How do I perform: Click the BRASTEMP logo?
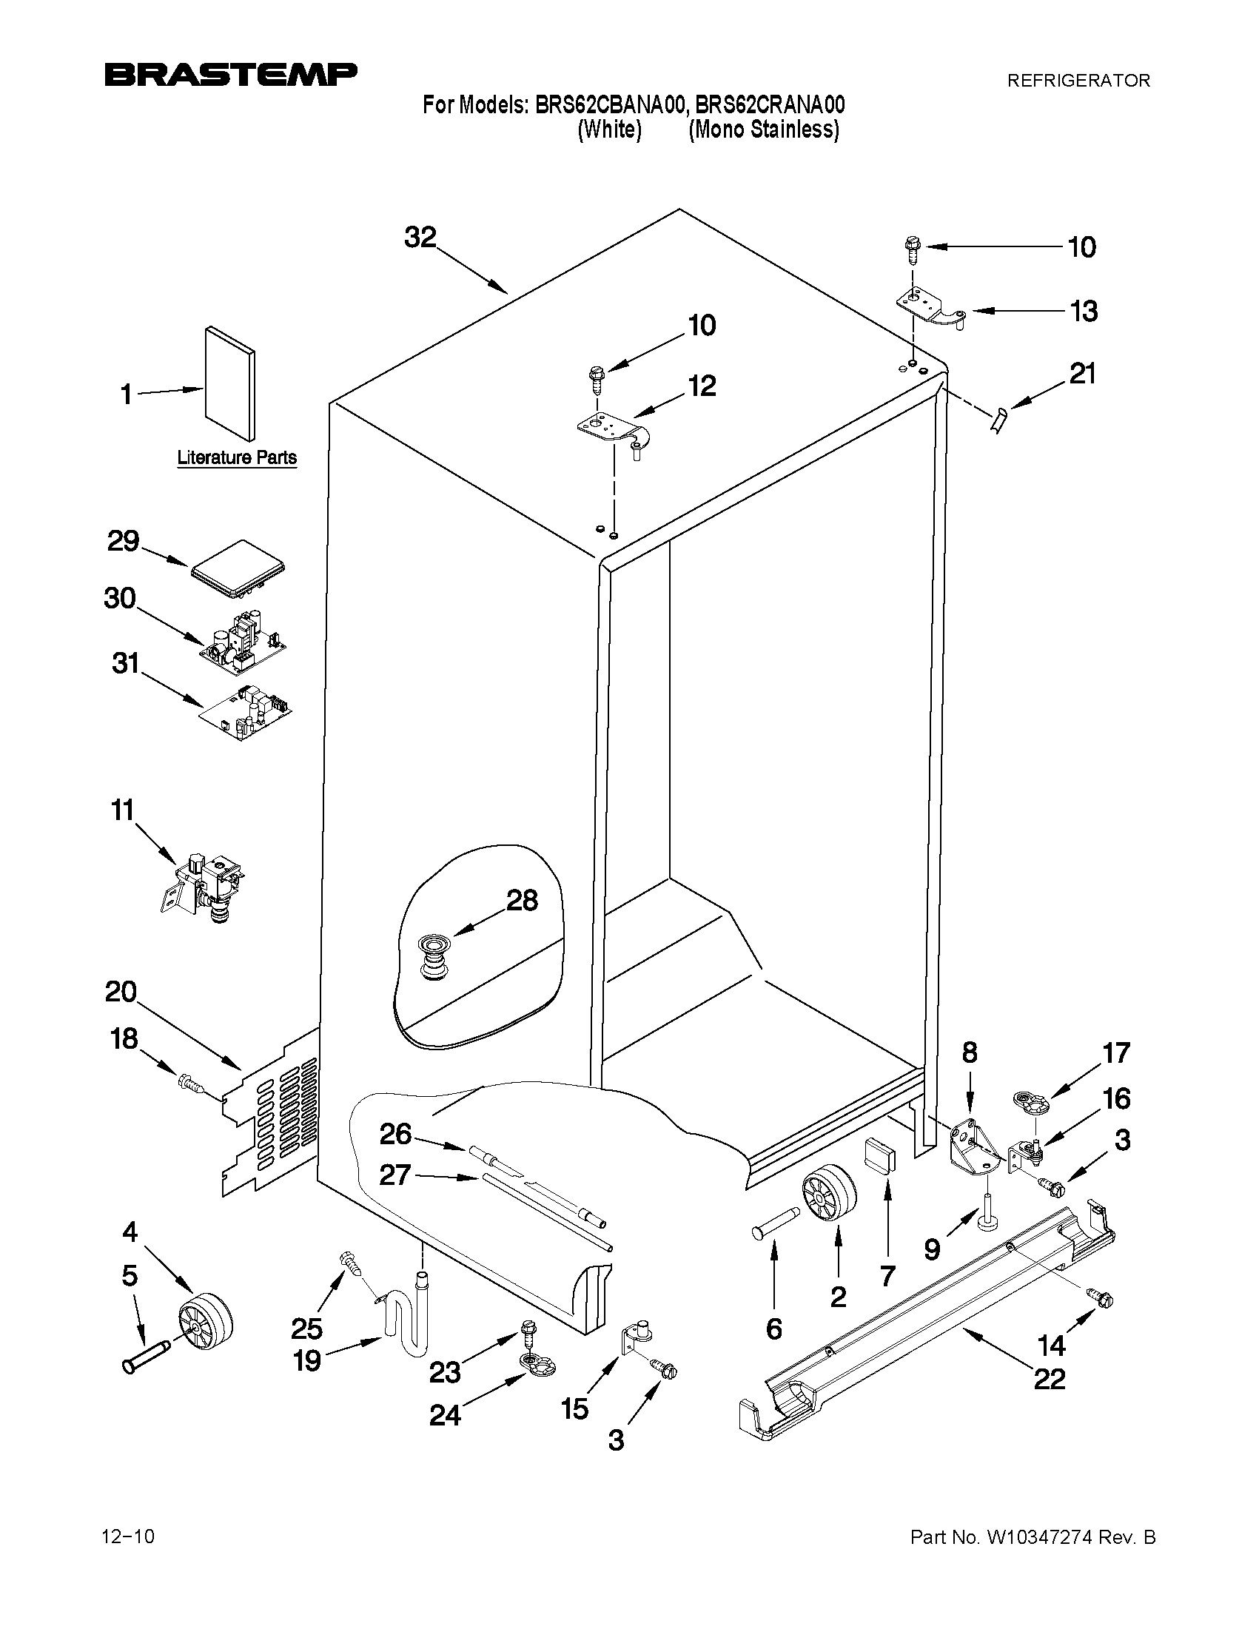coord(230,75)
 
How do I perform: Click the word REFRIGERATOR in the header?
coord(1078,81)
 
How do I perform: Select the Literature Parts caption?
coord(236,457)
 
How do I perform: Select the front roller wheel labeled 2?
coord(829,1195)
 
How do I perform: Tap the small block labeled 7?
coord(880,1157)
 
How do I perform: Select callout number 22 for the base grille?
coord(1050,1379)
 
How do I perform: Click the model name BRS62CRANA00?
coord(770,105)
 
